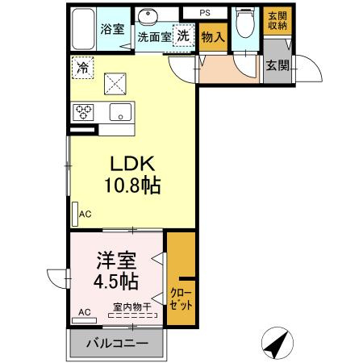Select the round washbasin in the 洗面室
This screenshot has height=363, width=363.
148,19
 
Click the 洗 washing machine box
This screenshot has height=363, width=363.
185,35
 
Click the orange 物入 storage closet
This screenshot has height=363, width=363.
212,37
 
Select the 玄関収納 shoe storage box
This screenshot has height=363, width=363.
277,19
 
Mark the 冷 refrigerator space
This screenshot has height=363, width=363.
83,68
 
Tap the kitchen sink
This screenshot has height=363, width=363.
121,112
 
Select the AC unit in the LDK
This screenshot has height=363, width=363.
75,215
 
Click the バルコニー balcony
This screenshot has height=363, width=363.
117,344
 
